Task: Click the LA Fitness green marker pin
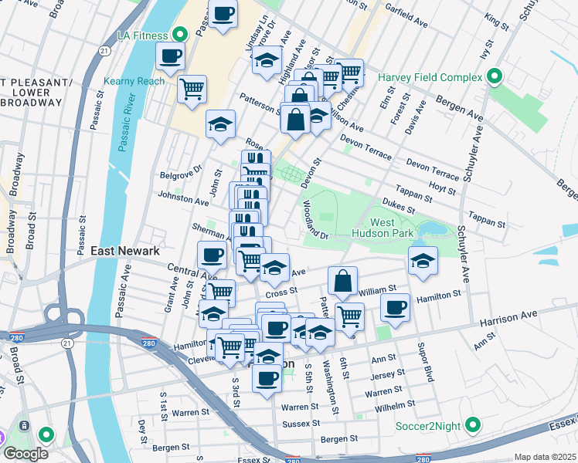pos(180,34)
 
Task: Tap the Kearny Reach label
pos(134,81)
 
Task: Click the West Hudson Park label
pos(389,229)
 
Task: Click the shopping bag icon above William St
pos(342,280)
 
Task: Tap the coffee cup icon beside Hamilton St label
pos(396,309)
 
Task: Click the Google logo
pos(25,453)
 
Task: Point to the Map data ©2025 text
pos(544,457)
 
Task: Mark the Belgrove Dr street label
pos(186,167)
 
